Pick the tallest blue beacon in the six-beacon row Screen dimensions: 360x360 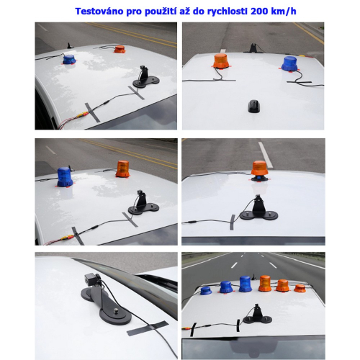246,283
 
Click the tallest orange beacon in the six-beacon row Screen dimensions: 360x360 264,284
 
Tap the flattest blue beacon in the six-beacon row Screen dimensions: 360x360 207,290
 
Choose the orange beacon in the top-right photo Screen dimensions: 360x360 220,63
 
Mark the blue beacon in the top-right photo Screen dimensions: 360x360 289,65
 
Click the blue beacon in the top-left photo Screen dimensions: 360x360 69,60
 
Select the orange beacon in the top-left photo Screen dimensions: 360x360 120,50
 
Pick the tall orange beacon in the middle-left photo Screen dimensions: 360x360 123,168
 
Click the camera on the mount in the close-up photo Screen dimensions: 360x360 91,280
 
